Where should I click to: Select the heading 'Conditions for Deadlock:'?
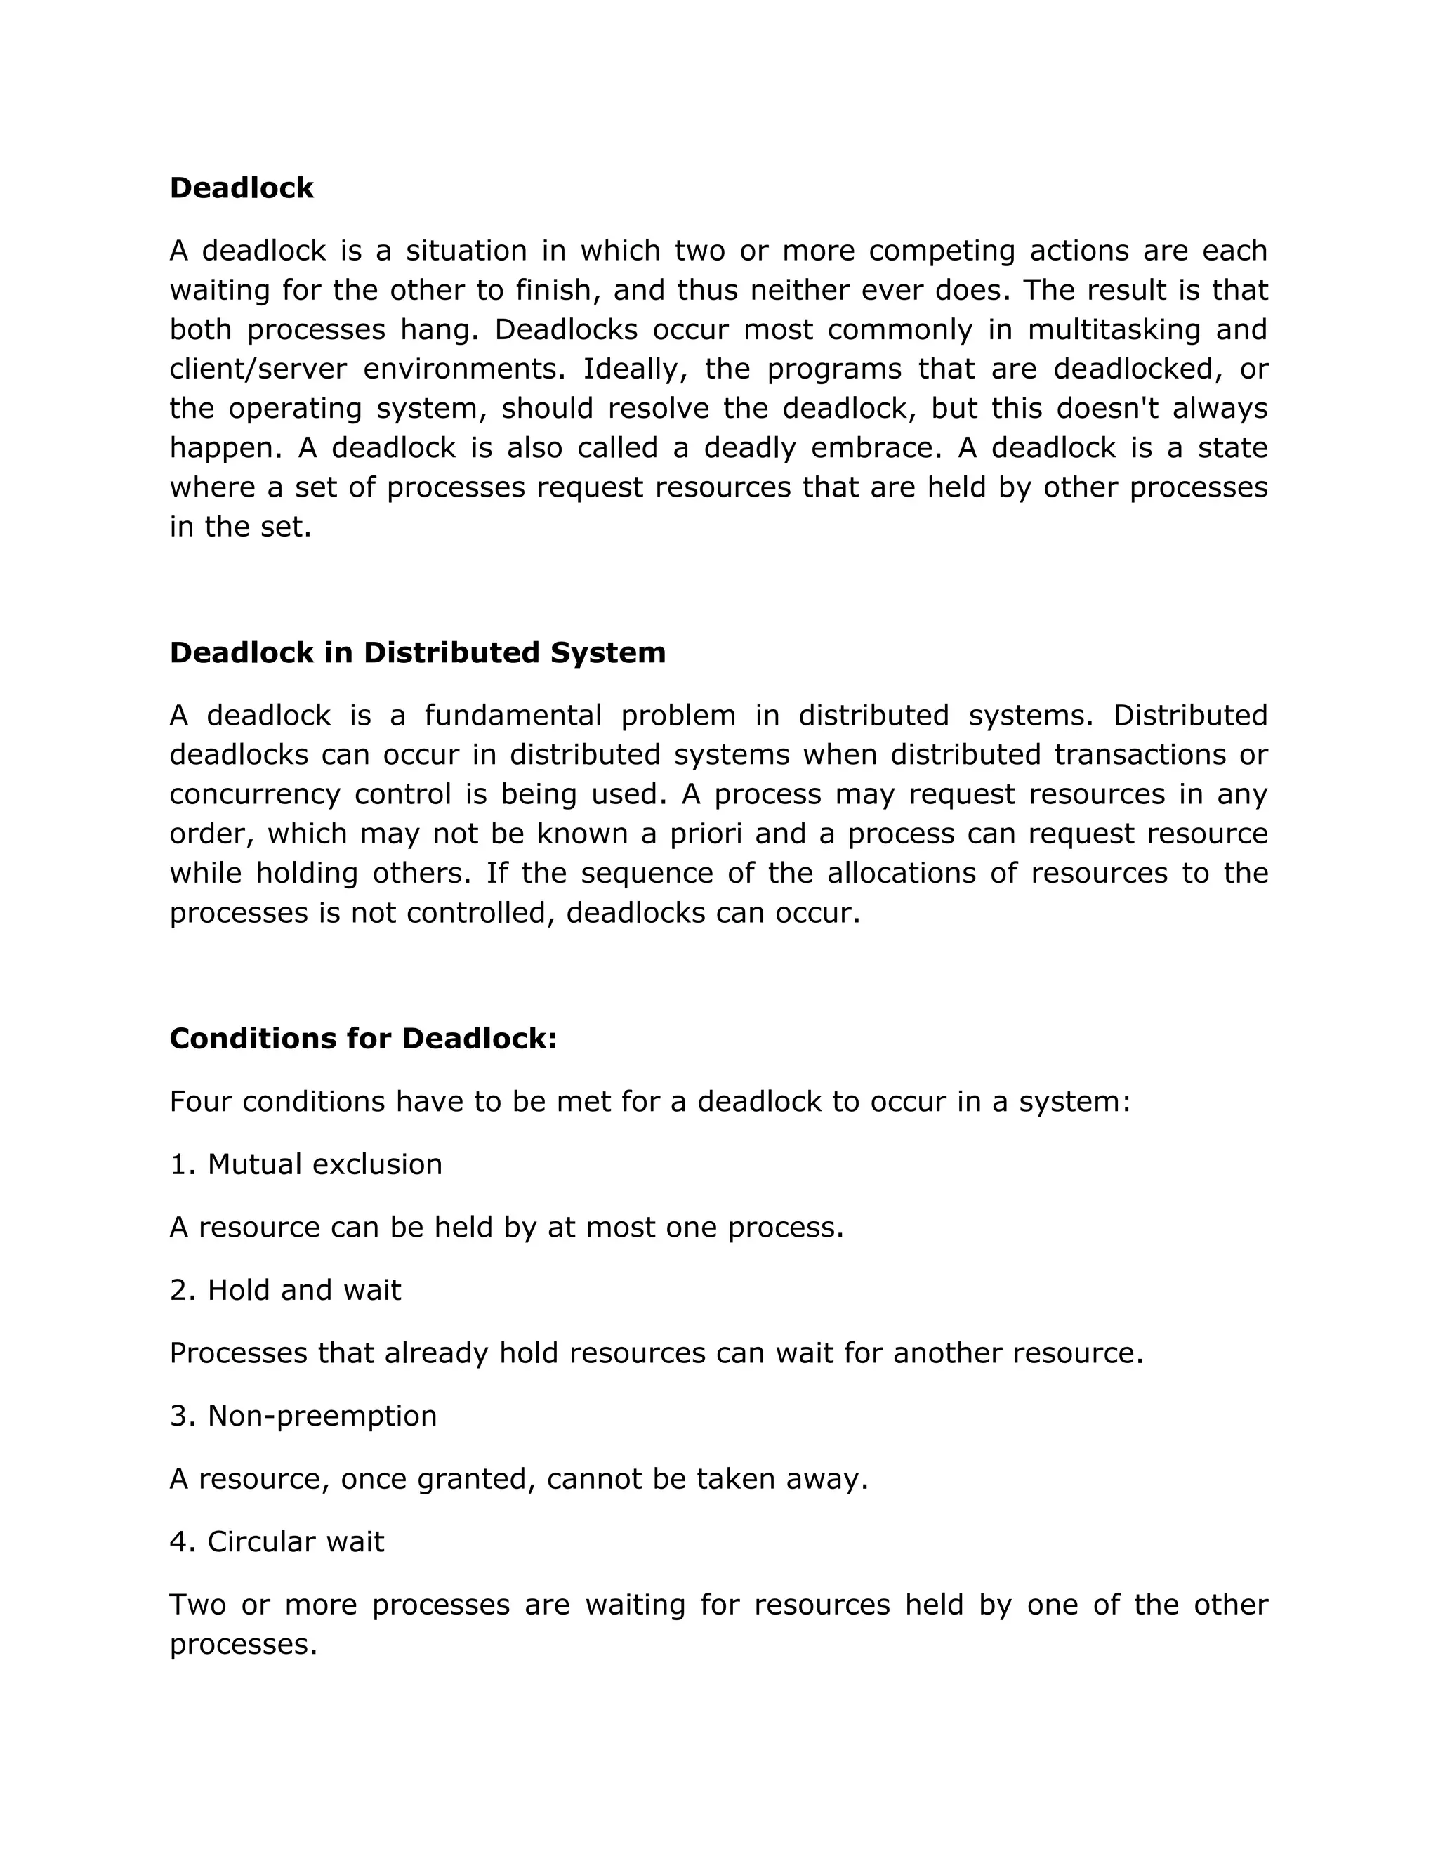pos(363,1039)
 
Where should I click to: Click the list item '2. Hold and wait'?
pos(285,1290)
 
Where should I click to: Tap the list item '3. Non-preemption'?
pos(303,1415)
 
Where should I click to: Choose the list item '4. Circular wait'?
pos(277,1541)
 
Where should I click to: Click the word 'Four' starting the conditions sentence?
pos(200,1102)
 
